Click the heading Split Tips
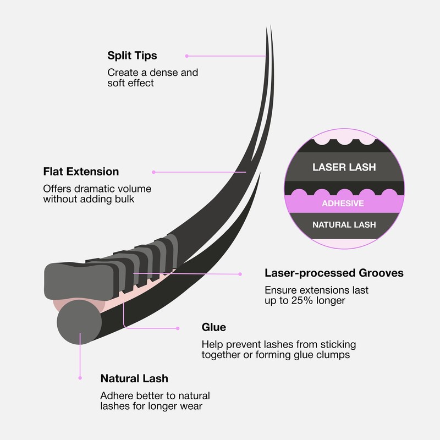point(132,56)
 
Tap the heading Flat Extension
point(81,172)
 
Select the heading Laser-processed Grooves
point(334,273)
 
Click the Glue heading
point(214,327)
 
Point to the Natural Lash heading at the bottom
point(134,378)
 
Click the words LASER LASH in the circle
point(344,167)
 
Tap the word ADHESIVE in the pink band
point(343,203)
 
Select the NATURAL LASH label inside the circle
point(344,225)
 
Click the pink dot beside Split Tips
point(187,56)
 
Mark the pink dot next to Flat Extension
point(153,172)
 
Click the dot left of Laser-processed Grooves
point(240,274)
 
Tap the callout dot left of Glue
point(178,328)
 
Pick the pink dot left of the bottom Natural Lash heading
point(80,378)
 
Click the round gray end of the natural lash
point(79,322)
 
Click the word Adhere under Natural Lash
point(115,395)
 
